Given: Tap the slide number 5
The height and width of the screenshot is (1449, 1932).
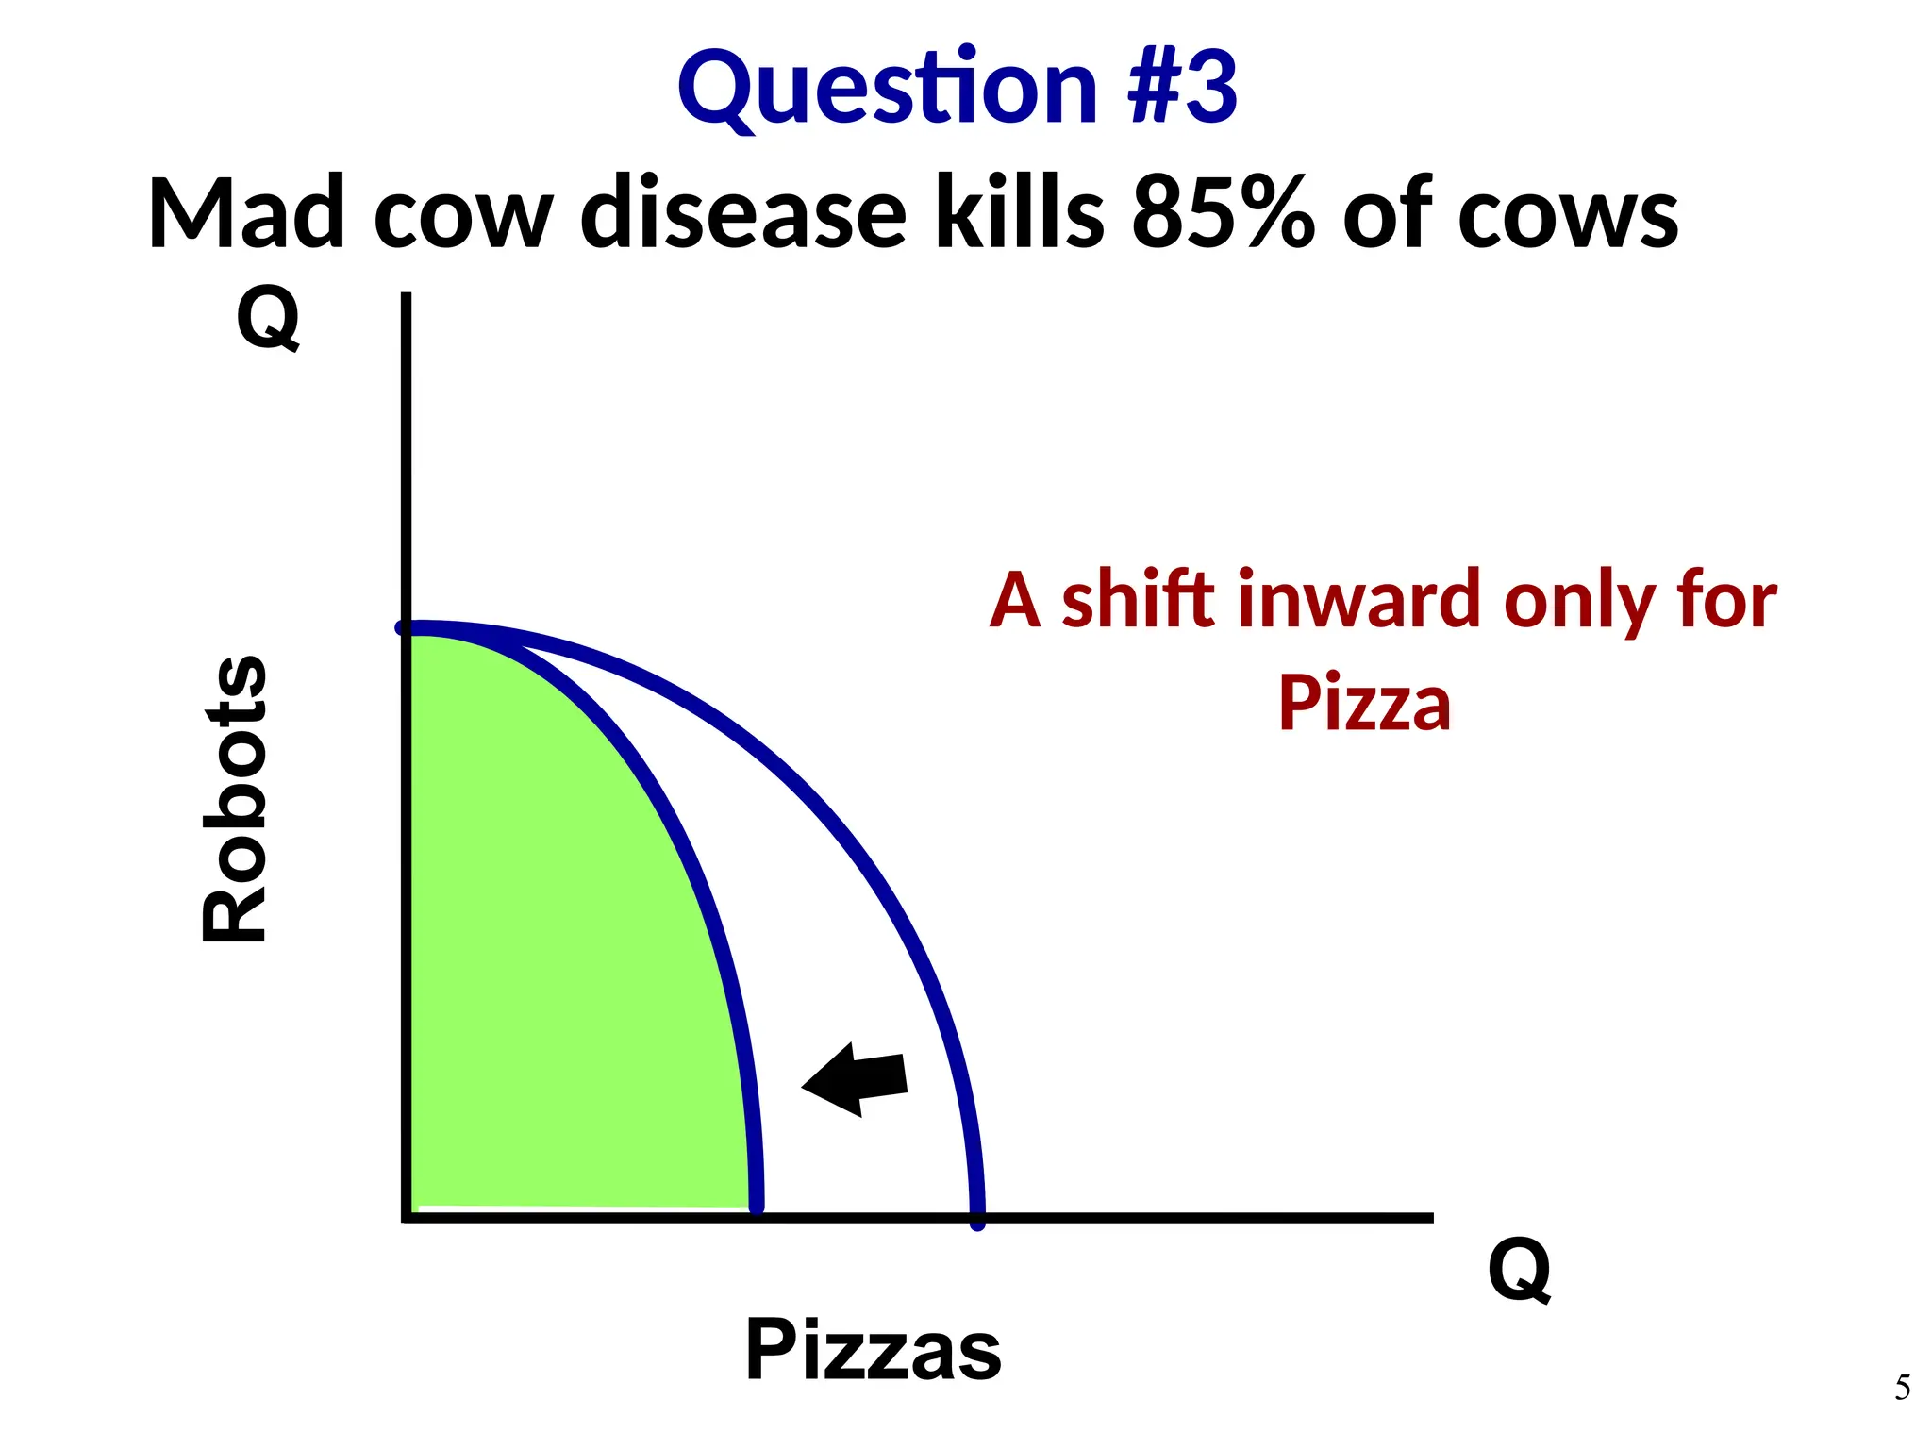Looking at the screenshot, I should tap(1902, 1388).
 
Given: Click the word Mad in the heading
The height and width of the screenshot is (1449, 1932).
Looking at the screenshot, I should tap(246, 214).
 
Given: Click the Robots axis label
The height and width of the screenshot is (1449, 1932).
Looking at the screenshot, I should tap(236, 798).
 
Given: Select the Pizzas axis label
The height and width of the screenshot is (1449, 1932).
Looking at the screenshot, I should tap(873, 1350).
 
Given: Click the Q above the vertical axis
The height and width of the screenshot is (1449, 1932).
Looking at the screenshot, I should tap(268, 318).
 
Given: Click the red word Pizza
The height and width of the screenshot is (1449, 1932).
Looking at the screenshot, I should tap(1364, 704).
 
